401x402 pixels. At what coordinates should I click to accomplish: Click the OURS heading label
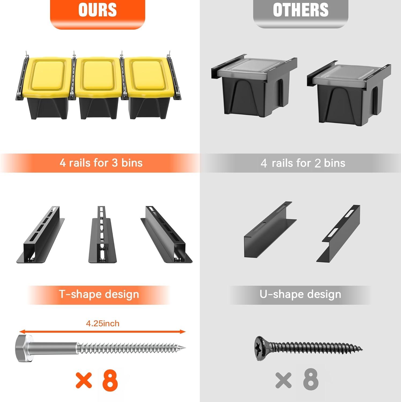(x=98, y=10)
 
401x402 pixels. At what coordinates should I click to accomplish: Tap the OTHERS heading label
(x=301, y=10)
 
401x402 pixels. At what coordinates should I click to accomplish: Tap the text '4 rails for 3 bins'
(x=101, y=163)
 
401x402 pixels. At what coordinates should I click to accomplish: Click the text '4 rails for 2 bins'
(x=303, y=163)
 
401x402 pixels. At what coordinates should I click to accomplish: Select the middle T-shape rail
(x=102, y=235)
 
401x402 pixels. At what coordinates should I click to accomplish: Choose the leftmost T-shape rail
(x=41, y=235)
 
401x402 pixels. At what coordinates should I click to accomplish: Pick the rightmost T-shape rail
(x=167, y=235)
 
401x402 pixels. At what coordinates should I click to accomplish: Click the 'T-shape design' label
(x=99, y=294)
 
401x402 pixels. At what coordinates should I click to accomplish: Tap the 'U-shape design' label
(x=300, y=294)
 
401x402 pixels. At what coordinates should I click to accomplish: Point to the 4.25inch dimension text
(x=103, y=323)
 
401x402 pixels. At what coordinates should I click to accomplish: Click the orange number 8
(x=110, y=380)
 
